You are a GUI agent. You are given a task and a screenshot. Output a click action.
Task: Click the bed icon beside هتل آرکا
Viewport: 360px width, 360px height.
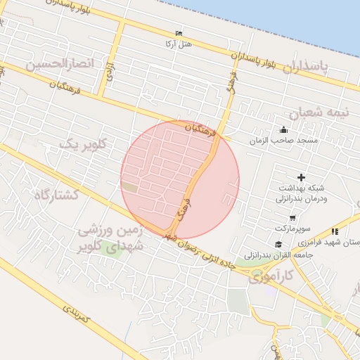[179, 34]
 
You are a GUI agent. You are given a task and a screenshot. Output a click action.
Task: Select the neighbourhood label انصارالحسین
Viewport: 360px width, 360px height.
[60, 65]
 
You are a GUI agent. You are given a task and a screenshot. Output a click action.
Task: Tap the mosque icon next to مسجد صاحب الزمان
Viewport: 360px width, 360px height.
[283, 129]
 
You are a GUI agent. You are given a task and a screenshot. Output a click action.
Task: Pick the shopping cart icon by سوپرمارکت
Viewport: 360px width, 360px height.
[282, 219]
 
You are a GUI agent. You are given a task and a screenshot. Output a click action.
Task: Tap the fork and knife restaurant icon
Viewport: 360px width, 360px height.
[335, 231]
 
